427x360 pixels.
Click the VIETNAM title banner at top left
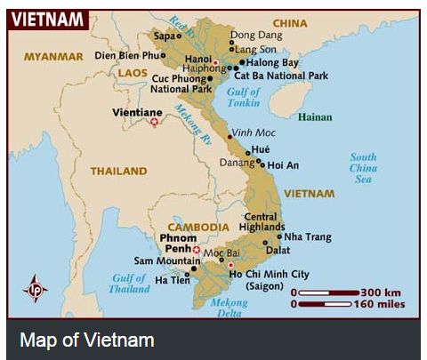coord(48,19)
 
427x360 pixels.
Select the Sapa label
coord(165,36)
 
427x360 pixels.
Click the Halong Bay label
coord(273,62)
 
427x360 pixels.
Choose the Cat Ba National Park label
coord(281,76)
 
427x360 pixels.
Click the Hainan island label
coord(314,117)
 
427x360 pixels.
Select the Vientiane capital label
coord(139,113)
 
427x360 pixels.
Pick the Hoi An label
coord(284,164)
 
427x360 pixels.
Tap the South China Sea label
coord(363,168)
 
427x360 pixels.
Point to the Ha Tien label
coord(173,280)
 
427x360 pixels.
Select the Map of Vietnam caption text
coord(87,340)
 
